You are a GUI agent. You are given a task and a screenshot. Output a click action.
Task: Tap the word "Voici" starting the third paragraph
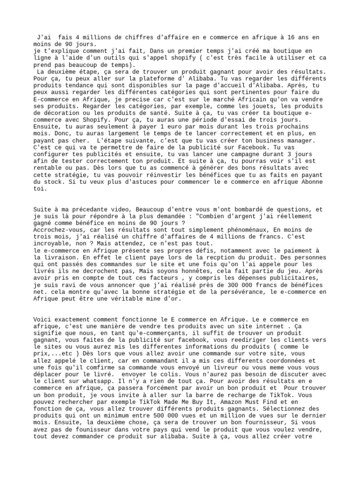click(x=43, y=320)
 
